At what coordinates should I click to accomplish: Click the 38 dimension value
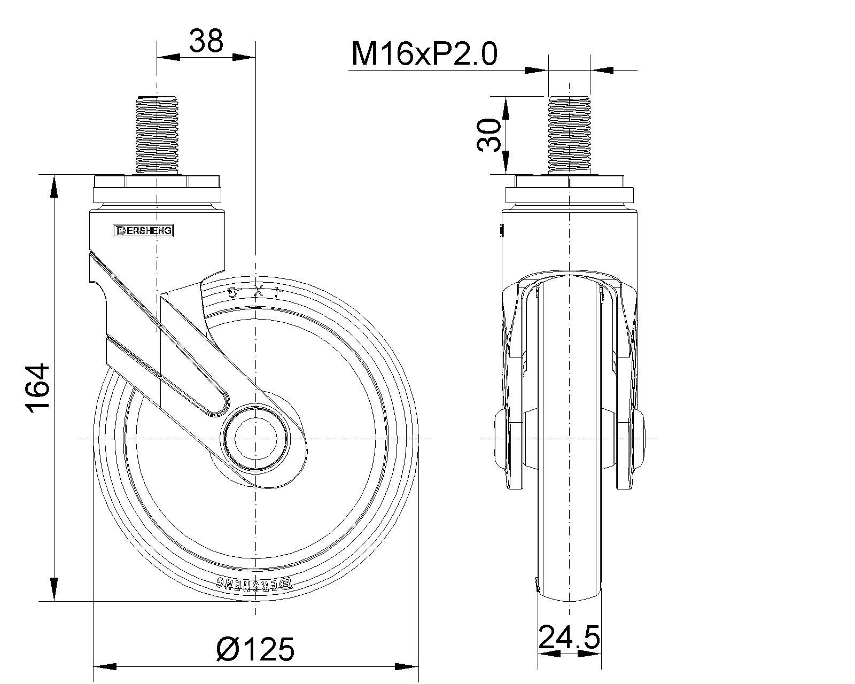pyautogui.click(x=206, y=41)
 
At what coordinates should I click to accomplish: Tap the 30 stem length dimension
pyautogui.click(x=489, y=135)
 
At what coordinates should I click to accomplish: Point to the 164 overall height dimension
pyautogui.click(x=38, y=387)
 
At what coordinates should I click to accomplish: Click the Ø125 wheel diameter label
pyautogui.click(x=255, y=649)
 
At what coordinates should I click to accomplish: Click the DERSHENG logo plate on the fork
pyautogui.click(x=143, y=231)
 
